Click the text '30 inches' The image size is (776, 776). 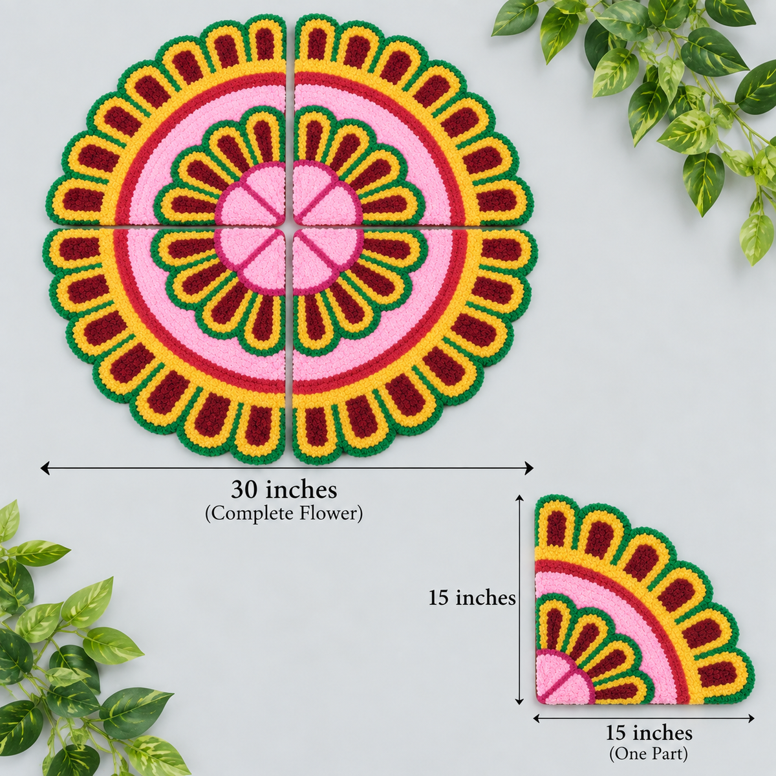tap(284, 490)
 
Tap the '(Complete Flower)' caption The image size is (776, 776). tap(284, 513)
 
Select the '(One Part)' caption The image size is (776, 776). tap(648, 753)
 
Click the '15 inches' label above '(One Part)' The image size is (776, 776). tap(649, 733)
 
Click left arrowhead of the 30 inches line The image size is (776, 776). tap(45, 468)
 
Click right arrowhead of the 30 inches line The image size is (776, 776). tap(529, 468)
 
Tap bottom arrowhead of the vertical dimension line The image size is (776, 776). tap(520, 700)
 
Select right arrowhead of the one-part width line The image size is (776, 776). tap(750, 718)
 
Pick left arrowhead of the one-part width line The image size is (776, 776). tap(538, 718)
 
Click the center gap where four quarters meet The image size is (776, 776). tap(288, 227)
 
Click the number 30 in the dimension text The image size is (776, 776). tap(244, 490)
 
